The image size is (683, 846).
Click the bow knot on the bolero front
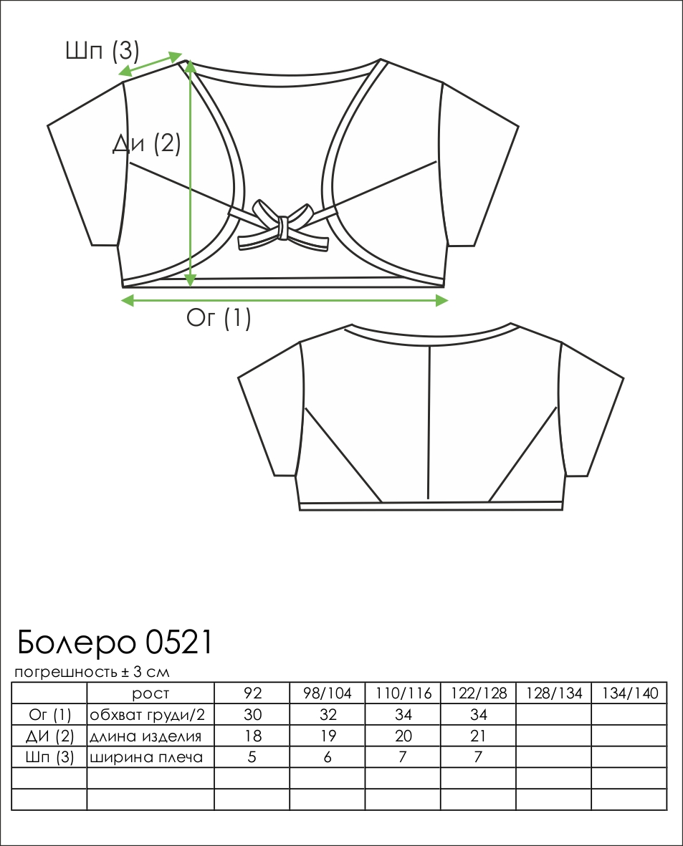pyautogui.click(x=282, y=226)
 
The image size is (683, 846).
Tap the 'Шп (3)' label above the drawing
pyautogui.click(x=102, y=51)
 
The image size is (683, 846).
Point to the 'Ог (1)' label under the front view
pyautogui.click(x=219, y=318)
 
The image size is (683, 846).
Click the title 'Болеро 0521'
pyautogui.click(x=115, y=642)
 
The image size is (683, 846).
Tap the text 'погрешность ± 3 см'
pyautogui.click(x=92, y=672)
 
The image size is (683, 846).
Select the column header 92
pyautogui.click(x=253, y=693)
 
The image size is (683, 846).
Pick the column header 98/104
pyautogui.click(x=328, y=693)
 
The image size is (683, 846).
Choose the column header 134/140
pyautogui.click(x=629, y=693)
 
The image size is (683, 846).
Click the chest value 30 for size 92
pyautogui.click(x=253, y=714)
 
